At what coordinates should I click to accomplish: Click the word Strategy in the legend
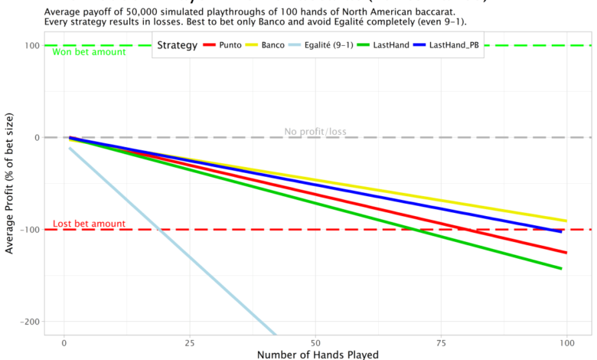[177, 46]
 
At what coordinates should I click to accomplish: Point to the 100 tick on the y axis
[31, 46]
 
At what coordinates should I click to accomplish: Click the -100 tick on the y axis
[29, 230]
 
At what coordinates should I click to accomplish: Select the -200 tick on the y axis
[29, 322]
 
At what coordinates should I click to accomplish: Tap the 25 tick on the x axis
[189, 342]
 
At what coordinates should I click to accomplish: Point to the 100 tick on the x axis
[566, 342]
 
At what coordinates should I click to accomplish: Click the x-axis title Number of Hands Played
[318, 354]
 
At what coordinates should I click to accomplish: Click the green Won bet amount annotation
[89, 52]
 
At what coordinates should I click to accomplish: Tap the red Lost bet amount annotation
[89, 224]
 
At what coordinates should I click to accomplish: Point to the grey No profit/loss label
[315, 132]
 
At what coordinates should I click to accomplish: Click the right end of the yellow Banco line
[566, 221]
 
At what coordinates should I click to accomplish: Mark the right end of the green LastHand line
[561, 268]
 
